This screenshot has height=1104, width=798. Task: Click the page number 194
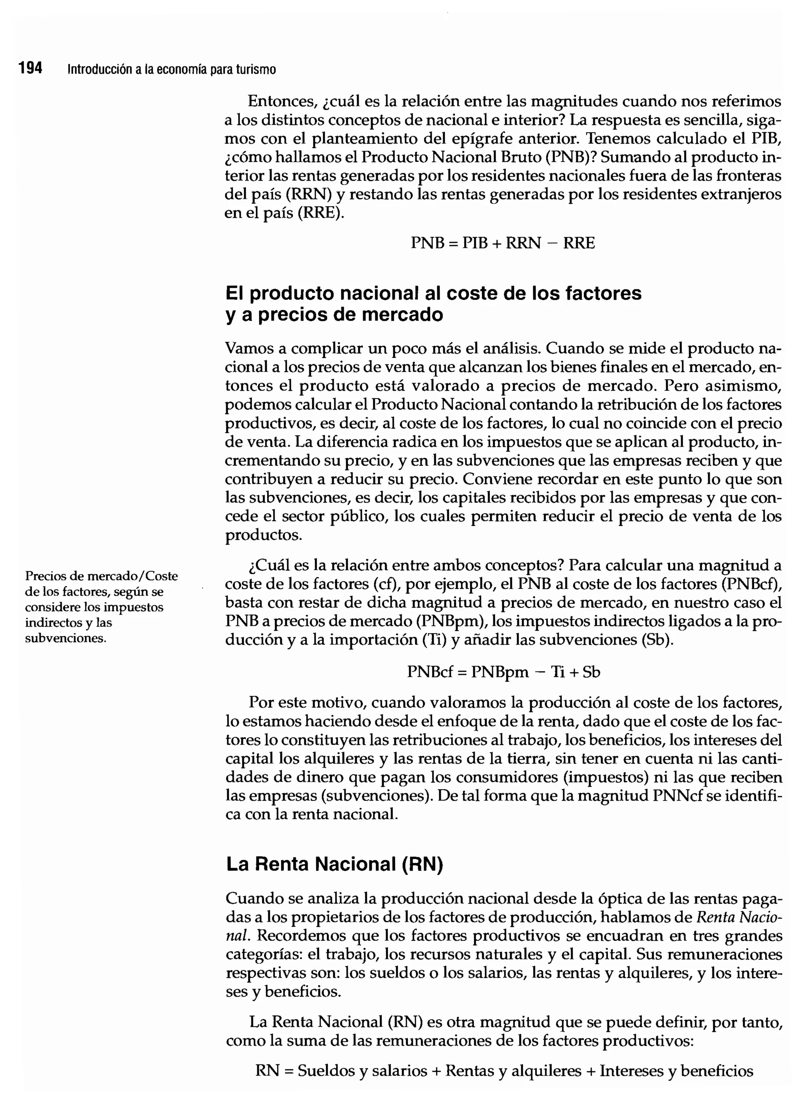coord(30,68)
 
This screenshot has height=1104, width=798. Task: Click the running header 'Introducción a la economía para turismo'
coord(171,70)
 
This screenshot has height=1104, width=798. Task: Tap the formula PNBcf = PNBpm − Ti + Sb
coord(503,672)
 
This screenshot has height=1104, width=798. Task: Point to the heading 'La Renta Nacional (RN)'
coord(334,864)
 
